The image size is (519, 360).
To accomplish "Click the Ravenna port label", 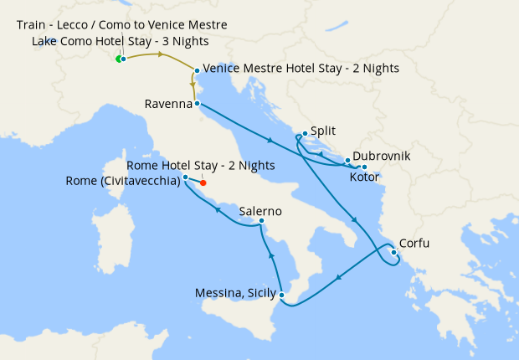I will point(168,105).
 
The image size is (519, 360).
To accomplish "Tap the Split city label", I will point(322,132).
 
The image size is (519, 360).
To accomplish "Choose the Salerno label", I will point(259,212).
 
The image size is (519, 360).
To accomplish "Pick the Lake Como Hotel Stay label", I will point(121,41).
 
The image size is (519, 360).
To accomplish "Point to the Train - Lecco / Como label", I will point(121,25).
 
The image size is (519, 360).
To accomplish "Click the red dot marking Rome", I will point(203,183).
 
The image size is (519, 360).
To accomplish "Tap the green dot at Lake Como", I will point(117,59).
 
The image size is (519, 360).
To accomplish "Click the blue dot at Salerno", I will point(262,222).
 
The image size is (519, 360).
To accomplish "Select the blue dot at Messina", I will point(283,295).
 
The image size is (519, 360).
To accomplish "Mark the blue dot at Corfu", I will point(393,251).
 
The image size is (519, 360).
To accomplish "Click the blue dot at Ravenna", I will point(197,104).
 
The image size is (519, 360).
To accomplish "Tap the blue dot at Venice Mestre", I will point(197,70).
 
